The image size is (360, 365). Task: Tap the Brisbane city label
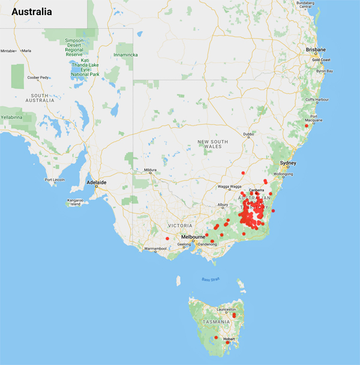pos(315,49)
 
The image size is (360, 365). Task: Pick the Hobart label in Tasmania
pos(230,339)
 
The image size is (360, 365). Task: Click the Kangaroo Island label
pos(74,202)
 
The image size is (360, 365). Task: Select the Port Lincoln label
pos(55,179)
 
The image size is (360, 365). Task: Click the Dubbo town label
pos(248,134)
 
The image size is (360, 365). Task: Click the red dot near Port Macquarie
pos(306,125)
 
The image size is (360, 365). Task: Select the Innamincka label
pos(125,55)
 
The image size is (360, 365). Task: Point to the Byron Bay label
pos(325,71)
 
